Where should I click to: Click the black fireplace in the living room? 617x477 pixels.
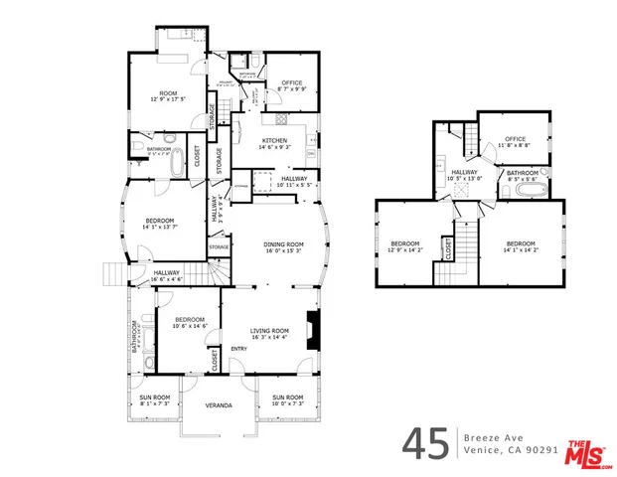point(314,329)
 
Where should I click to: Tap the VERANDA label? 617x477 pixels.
point(219,405)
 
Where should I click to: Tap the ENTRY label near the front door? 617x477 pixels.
point(239,349)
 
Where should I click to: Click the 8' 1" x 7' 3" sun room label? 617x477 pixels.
point(154,401)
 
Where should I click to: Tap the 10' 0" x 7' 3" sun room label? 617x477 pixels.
point(287,401)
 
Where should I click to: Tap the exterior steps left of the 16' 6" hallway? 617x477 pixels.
point(111,276)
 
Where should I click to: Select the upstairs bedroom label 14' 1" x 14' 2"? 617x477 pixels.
point(521,247)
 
